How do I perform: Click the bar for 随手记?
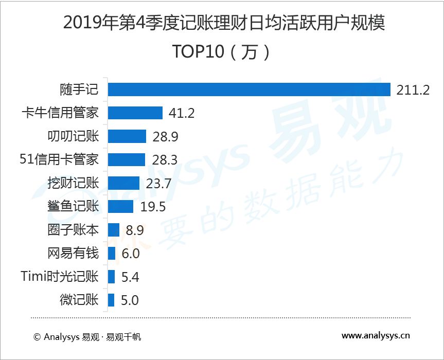249,89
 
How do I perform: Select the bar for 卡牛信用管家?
135,113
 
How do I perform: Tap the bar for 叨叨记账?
127,136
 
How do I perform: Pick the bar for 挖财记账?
124,183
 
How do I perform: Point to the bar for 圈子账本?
114,230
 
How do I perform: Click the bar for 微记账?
111,300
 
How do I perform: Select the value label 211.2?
413,90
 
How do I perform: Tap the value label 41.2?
182,113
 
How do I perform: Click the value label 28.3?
165,160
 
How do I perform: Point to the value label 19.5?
153,207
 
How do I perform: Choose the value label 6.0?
131,254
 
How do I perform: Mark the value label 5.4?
130,277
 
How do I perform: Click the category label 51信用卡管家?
59,159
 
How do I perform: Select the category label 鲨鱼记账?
73,206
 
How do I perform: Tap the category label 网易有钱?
73,253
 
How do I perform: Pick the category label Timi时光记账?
60,276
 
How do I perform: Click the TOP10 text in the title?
198,51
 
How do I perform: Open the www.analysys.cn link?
376,336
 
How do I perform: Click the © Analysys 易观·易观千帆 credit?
87,337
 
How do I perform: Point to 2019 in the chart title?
82,23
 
